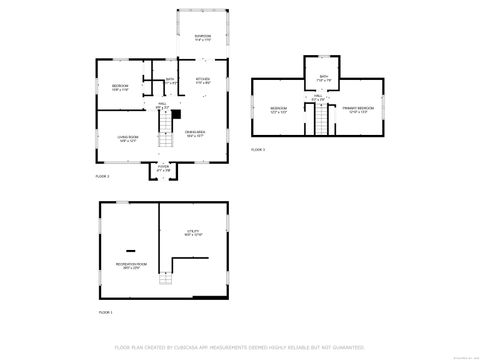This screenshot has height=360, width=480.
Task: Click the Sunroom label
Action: pyautogui.click(x=203, y=39)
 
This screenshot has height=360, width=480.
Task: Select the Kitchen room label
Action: pyautogui.click(x=203, y=79)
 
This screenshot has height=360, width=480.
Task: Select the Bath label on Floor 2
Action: pyautogui.click(x=171, y=81)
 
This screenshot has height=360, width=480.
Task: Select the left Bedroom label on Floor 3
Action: pyautogui.click(x=279, y=108)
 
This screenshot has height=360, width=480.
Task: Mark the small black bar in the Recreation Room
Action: pyautogui.click(x=129, y=248)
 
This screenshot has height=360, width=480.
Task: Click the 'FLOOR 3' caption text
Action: pyautogui.click(x=258, y=149)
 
